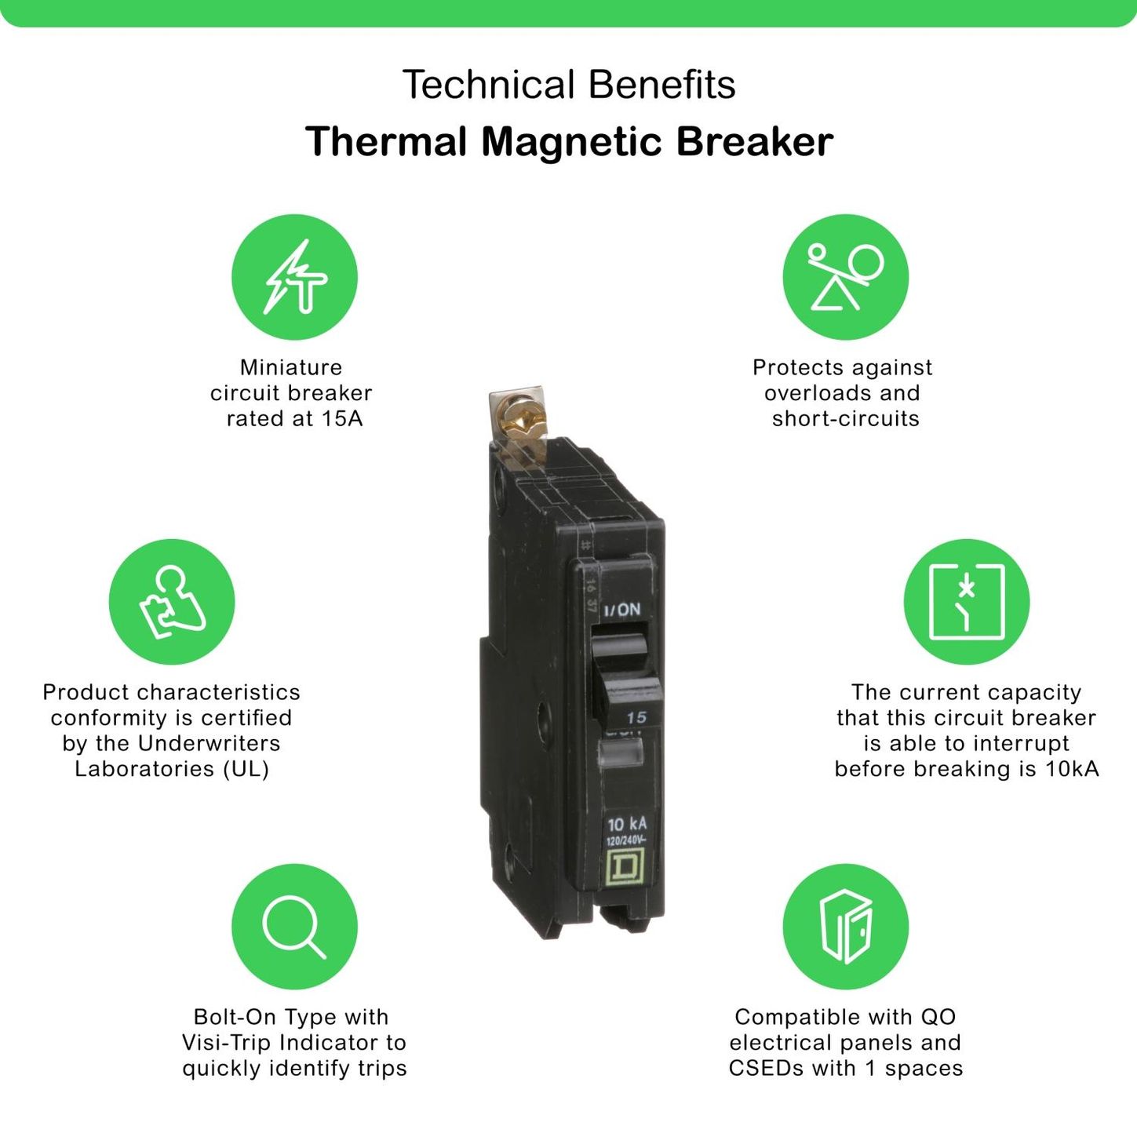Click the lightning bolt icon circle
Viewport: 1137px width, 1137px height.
point(294,277)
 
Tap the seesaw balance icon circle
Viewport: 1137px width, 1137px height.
point(846,277)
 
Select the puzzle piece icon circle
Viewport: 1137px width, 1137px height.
point(172,601)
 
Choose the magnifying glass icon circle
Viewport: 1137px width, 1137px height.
point(294,927)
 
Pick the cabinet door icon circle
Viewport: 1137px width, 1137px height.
point(846,927)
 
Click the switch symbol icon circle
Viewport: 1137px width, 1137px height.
point(967,601)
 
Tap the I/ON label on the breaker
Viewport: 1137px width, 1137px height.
point(621,609)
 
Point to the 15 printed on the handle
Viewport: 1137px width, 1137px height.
point(636,717)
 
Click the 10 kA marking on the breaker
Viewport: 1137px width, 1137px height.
point(627,824)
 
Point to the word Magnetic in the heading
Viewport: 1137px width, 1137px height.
point(570,142)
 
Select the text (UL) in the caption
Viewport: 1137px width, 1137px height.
point(246,769)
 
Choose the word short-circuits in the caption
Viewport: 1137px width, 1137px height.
point(846,418)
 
